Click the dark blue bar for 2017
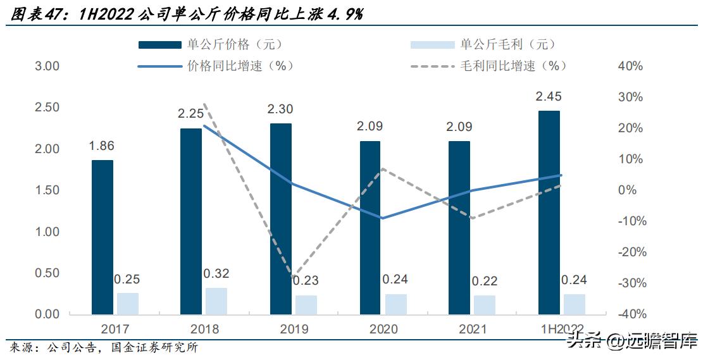(x=102, y=237)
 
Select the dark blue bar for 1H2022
(x=549, y=213)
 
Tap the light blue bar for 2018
(x=216, y=301)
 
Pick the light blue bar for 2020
(x=395, y=304)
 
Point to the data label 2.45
(x=549, y=97)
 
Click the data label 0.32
(x=216, y=274)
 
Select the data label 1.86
(x=102, y=146)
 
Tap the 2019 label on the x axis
(x=294, y=329)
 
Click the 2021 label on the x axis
(x=472, y=329)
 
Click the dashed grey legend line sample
(x=433, y=66)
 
